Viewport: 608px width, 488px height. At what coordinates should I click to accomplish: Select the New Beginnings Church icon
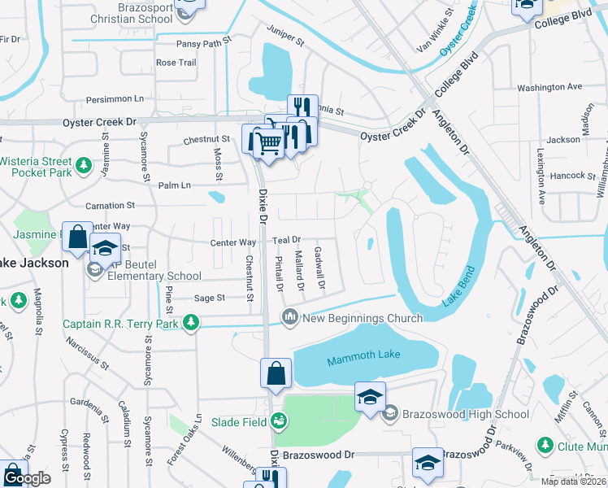289,317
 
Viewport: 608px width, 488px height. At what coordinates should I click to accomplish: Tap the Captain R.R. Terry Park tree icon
191,324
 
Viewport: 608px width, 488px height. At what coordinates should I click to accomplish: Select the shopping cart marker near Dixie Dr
269,144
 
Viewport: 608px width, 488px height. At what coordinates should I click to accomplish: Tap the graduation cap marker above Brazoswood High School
369,397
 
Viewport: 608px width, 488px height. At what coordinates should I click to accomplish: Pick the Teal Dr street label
286,240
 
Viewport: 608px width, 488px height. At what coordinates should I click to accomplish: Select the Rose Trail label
176,63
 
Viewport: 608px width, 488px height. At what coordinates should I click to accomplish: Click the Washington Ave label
549,86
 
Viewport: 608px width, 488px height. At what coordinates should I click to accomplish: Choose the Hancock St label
572,175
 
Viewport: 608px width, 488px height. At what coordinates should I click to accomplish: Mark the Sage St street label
209,298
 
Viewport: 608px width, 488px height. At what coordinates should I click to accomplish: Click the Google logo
27,479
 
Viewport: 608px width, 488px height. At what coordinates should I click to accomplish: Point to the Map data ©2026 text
573,481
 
